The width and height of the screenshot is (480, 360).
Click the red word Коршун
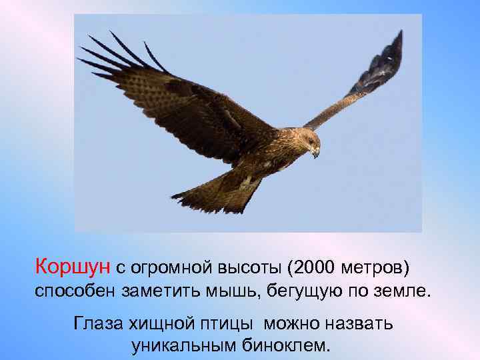coord(73,267)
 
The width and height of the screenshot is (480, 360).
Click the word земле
coord(402,291)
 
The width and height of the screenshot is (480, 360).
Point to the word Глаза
coord(97,324)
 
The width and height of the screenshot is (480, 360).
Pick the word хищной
coord(157,325)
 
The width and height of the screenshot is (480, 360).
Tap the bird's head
coord(308,142)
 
